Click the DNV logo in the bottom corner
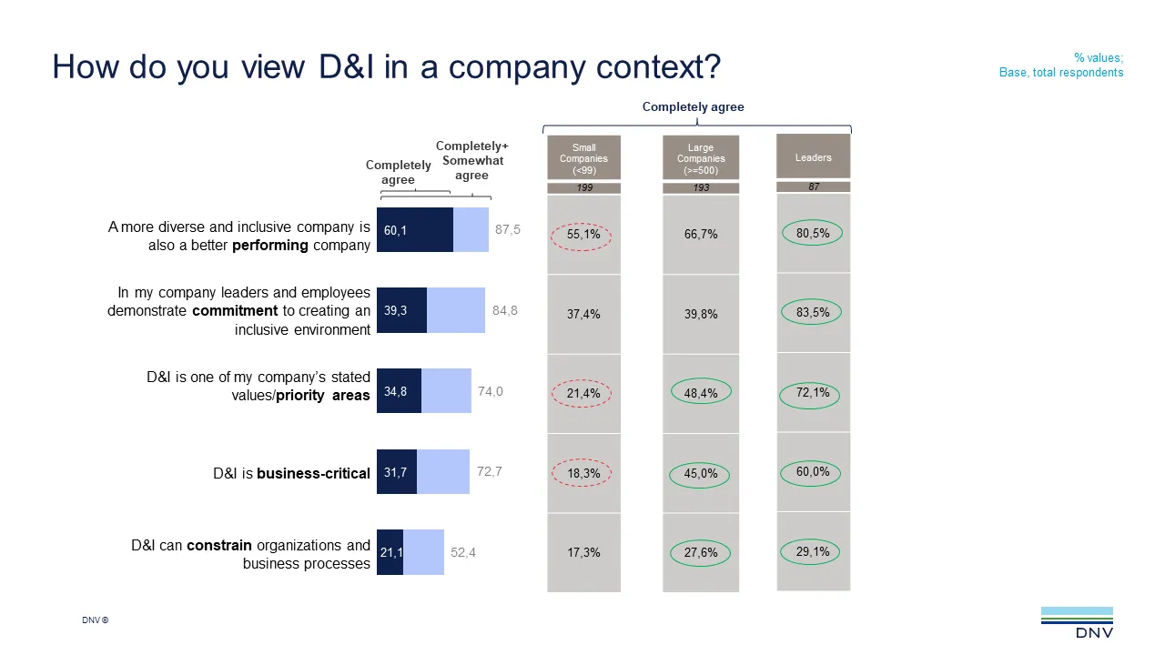pyautogui.click(x=1077, y=622)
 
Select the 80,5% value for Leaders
pyautogui.click(x=813, y=234)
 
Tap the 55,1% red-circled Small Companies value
pyautogui.click(x=583, y=235)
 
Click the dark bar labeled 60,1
pyautogui.click(x=414, y=230)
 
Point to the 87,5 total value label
pyautogui.click(x=508, y=230)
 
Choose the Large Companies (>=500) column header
pyautogui.click(x=701, y=158)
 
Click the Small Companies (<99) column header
pyautogui.click(x=583, y=158)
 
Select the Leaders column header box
pyautogui.click(x=813, y=156)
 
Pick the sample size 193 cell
pyautogui.click(x=701, y=187)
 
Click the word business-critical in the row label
pyautogui.click(x=313, y=473)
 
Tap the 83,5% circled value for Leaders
pyautogui.click(x=813, y=313)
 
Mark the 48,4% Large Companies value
pyautogui.click(x=701, y=393)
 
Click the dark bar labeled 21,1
pyautogui.click(x=390, y=552)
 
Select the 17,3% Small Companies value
pyautogui.click(x=583, y=552)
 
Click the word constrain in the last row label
pyautogui.click(x=219, y=546)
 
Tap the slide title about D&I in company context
pyautogui.click(x=386, y=67)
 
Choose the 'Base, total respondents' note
pyautogui.click(x=1061, y=73)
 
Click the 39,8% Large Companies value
pyautogui.click(x=701, y=314)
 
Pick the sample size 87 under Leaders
pyautogui.click(x=813, y=186)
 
